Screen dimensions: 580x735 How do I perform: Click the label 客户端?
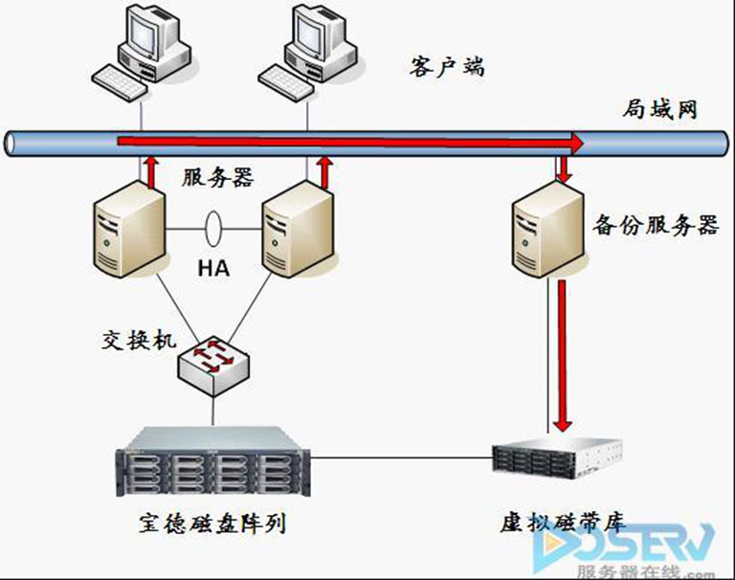pos(446,66)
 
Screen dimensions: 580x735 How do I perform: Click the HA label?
pos(213,269)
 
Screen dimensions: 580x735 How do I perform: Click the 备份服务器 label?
pos(656,226)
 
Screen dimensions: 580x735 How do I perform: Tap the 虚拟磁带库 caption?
pos(562,523)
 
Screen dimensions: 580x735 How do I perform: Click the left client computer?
pos(144,54)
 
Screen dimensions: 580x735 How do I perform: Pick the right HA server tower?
pos(298,230)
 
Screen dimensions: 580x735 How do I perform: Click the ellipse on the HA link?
pos(213,230)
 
